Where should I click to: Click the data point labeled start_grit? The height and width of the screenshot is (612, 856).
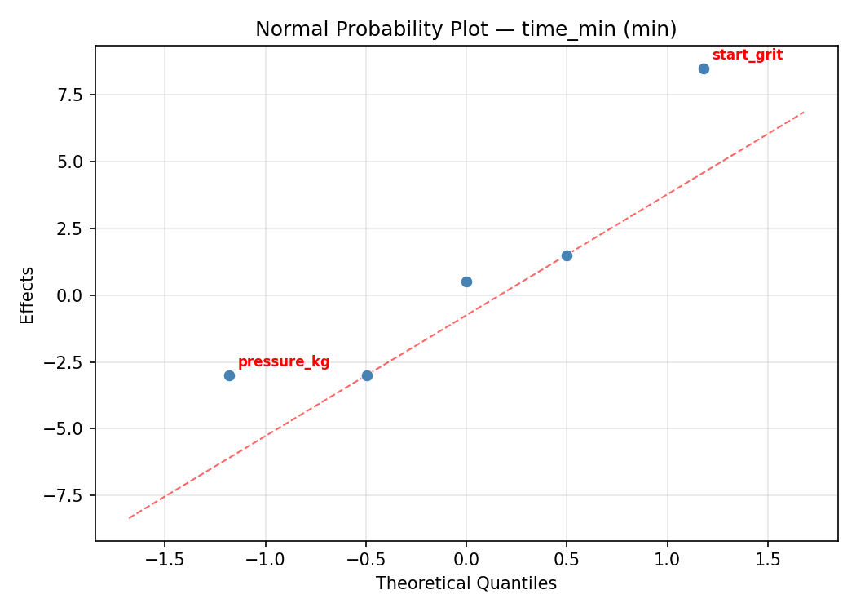[704, 69]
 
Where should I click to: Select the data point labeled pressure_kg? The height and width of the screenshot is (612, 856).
[229, 375]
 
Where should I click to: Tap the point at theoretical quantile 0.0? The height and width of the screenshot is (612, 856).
[466, 282]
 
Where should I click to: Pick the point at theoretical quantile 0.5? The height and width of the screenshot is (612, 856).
[567, 255]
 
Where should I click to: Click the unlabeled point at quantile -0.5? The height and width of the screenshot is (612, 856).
[367, 375]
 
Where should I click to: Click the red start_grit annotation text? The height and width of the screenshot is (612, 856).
[747, 55]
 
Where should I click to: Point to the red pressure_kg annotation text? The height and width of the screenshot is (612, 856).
[284, 362]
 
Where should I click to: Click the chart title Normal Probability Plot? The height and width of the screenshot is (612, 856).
[466, 29]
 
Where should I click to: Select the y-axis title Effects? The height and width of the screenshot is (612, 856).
[28, 295]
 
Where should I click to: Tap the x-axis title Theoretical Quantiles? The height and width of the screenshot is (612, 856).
[466, 583]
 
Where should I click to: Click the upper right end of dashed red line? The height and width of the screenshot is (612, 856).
[804, 112]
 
